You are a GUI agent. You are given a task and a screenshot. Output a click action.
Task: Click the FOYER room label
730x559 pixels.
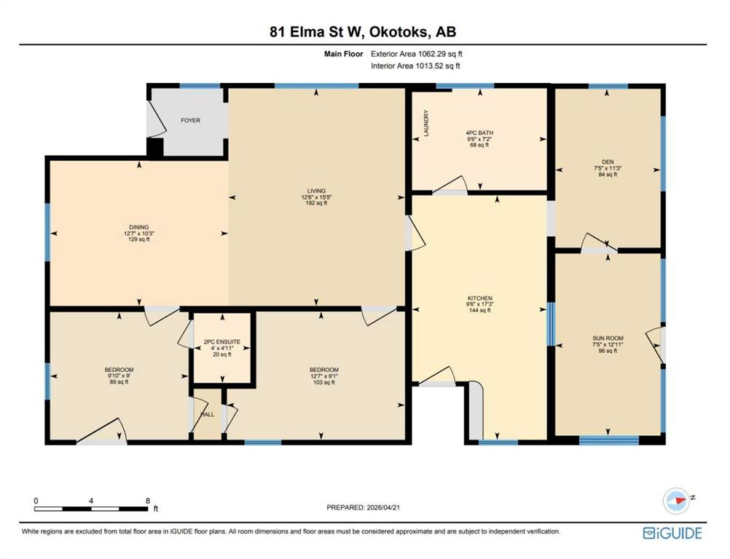190,120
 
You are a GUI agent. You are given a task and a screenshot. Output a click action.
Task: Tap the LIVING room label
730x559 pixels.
316,191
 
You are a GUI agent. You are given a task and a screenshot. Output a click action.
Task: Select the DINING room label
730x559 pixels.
138,227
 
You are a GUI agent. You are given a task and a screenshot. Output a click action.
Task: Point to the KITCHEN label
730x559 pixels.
480,298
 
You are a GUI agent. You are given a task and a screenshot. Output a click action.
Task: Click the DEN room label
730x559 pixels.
608,162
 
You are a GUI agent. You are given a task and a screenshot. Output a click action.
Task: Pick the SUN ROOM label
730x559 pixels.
608,338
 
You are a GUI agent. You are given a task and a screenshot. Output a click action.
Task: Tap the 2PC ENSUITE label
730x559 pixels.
222,342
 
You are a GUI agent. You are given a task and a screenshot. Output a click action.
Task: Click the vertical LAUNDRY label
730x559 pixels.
425,123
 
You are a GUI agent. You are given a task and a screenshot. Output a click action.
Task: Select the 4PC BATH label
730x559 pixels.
479,132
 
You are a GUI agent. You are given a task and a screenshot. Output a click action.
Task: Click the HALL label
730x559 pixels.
207,414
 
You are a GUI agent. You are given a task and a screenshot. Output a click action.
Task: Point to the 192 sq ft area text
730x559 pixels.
316,203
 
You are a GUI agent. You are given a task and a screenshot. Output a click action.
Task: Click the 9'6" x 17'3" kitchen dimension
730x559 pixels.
480,304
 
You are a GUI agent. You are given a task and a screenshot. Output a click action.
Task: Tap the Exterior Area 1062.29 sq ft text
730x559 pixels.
417,54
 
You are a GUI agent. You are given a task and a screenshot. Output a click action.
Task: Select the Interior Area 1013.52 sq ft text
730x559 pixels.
415,66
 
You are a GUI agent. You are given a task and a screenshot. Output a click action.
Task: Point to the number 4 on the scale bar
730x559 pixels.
91,501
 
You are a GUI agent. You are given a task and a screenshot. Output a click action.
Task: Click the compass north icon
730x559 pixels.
677,501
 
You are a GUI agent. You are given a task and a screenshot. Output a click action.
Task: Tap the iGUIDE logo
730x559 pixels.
672,533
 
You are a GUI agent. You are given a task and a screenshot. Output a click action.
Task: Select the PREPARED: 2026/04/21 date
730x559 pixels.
363,507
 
